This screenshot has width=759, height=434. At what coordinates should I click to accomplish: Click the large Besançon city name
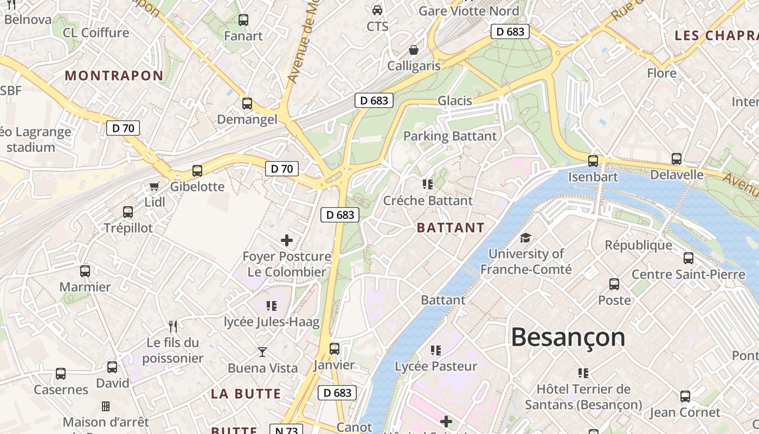coord(568,337)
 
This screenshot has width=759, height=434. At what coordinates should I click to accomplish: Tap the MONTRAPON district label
coord(114,75)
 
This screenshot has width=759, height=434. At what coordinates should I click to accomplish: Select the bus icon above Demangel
coord(247,103)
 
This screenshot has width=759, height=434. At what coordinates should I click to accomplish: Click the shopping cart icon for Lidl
coord(155,187)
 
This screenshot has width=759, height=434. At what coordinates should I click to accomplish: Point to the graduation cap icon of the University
coord(525,238)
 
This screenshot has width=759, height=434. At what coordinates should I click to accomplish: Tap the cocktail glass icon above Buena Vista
coord(262,352)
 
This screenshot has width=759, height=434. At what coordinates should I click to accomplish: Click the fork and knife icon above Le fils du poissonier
coord(173,326)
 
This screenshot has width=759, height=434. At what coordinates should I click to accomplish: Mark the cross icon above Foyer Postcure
coord(287,240)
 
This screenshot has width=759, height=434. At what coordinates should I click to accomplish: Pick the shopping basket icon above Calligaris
coord(414,50)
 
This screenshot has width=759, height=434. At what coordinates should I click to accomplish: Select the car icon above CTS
coord(377,10)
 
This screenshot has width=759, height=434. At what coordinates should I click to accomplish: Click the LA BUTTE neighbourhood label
coord(246,394)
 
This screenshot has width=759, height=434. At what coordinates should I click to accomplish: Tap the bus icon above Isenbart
coord(593,161)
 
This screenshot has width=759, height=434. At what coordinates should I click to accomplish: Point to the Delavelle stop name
coord(677,175)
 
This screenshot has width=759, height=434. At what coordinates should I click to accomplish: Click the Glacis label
coord(455,100)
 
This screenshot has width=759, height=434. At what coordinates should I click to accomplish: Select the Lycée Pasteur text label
coord(436,366)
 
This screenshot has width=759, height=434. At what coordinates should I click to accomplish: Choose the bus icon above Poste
coord(614,284)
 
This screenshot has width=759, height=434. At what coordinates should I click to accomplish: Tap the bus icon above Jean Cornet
coord(685,396)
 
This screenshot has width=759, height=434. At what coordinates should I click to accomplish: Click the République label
coord(639,245)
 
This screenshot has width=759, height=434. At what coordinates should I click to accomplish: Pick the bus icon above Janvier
coord(335,348)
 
